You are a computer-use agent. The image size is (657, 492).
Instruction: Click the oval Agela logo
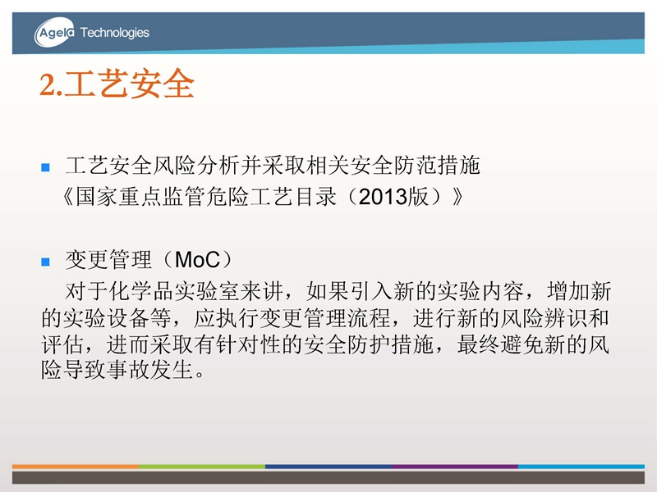(54, 32)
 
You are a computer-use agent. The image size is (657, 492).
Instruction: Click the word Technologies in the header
(114, 33)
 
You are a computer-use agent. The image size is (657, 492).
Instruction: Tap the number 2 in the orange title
(47, 85)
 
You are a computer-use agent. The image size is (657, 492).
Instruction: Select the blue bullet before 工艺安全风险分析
(46, 167)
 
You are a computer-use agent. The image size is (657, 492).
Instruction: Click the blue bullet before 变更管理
(46, 262)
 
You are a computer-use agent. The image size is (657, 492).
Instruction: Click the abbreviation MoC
(197, 260)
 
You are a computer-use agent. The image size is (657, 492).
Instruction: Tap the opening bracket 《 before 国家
(68, 196)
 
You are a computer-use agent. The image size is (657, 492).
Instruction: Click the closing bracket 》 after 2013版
(457, 196)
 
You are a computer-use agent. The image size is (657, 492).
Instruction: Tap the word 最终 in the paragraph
(479, 344)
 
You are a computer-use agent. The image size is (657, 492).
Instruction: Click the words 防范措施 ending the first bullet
(437, 166)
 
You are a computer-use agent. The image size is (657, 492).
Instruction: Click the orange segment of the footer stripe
(76, 466)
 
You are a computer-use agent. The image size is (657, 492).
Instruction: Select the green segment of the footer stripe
(202, 466)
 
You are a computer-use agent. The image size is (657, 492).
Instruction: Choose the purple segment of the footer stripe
(455, 466)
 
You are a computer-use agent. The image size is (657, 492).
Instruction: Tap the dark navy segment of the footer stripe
(328, 466)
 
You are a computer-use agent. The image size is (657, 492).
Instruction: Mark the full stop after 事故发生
(200, 375)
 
